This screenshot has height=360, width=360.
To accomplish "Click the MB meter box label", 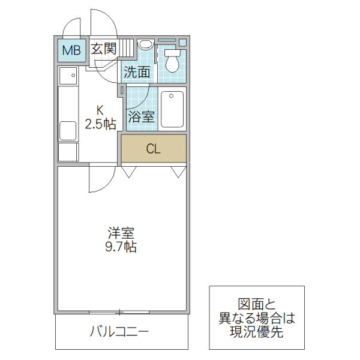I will [x=71, y=50].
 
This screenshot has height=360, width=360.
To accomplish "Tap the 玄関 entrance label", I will [x=103, y=49].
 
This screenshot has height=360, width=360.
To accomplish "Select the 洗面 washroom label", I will [x=137, y=72].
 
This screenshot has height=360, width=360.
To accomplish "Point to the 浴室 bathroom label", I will [x=142, y=116].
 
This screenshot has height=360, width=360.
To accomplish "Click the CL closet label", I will [x=154, y=149].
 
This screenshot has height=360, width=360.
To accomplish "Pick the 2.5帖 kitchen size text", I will [x=100, y=124].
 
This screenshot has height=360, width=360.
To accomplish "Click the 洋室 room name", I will [x=121, y=232].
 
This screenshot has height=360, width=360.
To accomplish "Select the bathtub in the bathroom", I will [x=172, y=109].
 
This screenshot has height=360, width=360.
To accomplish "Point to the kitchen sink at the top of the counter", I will [x=68, y=76].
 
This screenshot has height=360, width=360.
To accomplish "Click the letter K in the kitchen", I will [x=100, y=110].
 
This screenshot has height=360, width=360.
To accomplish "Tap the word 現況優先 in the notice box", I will [x=257, y=332].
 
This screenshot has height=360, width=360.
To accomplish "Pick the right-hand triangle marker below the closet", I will [x=178, y=172].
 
